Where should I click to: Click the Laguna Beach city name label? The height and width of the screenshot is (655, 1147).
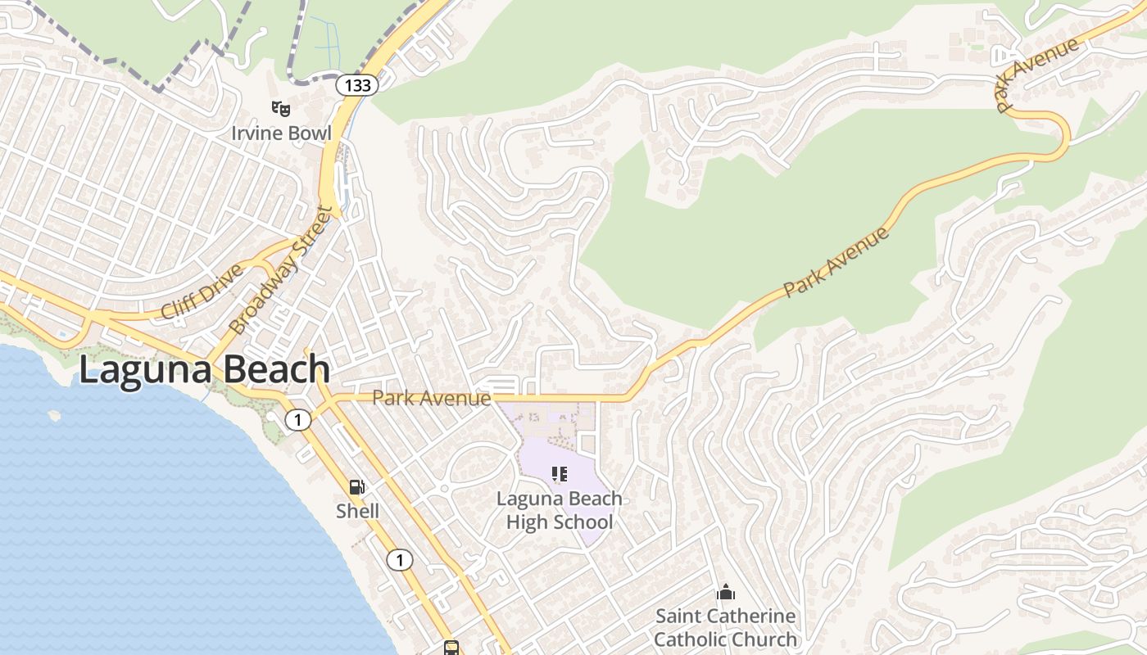(205, 370)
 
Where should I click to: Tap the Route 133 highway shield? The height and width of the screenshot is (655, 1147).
(356, 84)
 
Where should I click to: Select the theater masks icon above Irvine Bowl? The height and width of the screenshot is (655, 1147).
(281, 107)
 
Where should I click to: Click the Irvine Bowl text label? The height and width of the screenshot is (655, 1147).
(281, 133)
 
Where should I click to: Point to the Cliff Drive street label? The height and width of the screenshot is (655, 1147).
(202, 291)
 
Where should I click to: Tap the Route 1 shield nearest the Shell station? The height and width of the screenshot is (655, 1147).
(400, 560)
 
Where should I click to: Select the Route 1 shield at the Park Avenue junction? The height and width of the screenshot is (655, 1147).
(298, 420)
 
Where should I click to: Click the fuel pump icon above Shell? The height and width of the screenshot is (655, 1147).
(357, 487)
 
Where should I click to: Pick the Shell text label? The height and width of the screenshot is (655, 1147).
(357, 511)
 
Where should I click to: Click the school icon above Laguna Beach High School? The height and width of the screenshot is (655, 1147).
(560, 474)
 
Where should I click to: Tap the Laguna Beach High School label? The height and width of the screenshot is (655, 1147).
(560, 510)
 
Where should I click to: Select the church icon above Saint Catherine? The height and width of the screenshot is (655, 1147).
(725, 592)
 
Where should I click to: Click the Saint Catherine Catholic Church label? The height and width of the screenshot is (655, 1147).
(725, 627)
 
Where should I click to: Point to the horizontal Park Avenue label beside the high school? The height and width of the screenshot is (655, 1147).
(431, 399)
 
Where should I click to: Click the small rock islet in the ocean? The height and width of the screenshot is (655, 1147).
(54, 415)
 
